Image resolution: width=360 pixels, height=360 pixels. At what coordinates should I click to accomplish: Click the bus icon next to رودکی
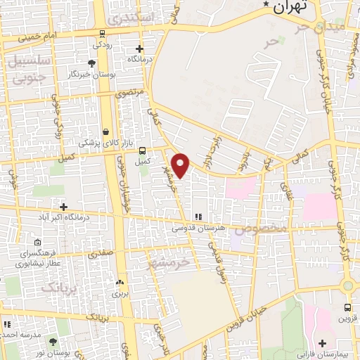(x=103, y=33)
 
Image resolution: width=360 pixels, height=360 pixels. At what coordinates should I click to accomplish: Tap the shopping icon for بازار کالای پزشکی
(x=105, y=131)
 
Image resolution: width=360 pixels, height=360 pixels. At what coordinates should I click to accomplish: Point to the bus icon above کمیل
(x=143, y=150)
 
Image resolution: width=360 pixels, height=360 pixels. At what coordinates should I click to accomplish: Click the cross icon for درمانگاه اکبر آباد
(x=64, y=207)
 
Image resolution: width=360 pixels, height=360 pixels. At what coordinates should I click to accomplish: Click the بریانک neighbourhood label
(x=57, y=286)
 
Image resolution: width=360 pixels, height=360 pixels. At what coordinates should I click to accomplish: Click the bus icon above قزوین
(x=348, y=307)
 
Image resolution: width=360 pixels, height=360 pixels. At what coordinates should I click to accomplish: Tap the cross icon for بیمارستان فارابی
(x=322, y=343)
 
